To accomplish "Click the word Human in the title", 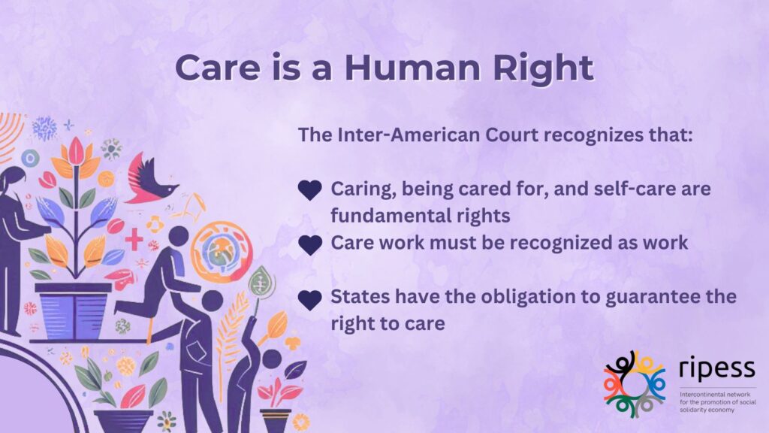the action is click(413, 67).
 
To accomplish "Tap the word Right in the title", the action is click(544, 68).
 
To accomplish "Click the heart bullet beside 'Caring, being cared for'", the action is click(310, 190).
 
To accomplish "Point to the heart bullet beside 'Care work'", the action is click(310, 245).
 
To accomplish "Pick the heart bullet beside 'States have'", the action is click(310, 300).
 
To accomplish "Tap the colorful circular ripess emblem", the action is click(635, 384).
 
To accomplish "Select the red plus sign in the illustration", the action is click(134, 240).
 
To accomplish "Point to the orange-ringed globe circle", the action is click(222, 253).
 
